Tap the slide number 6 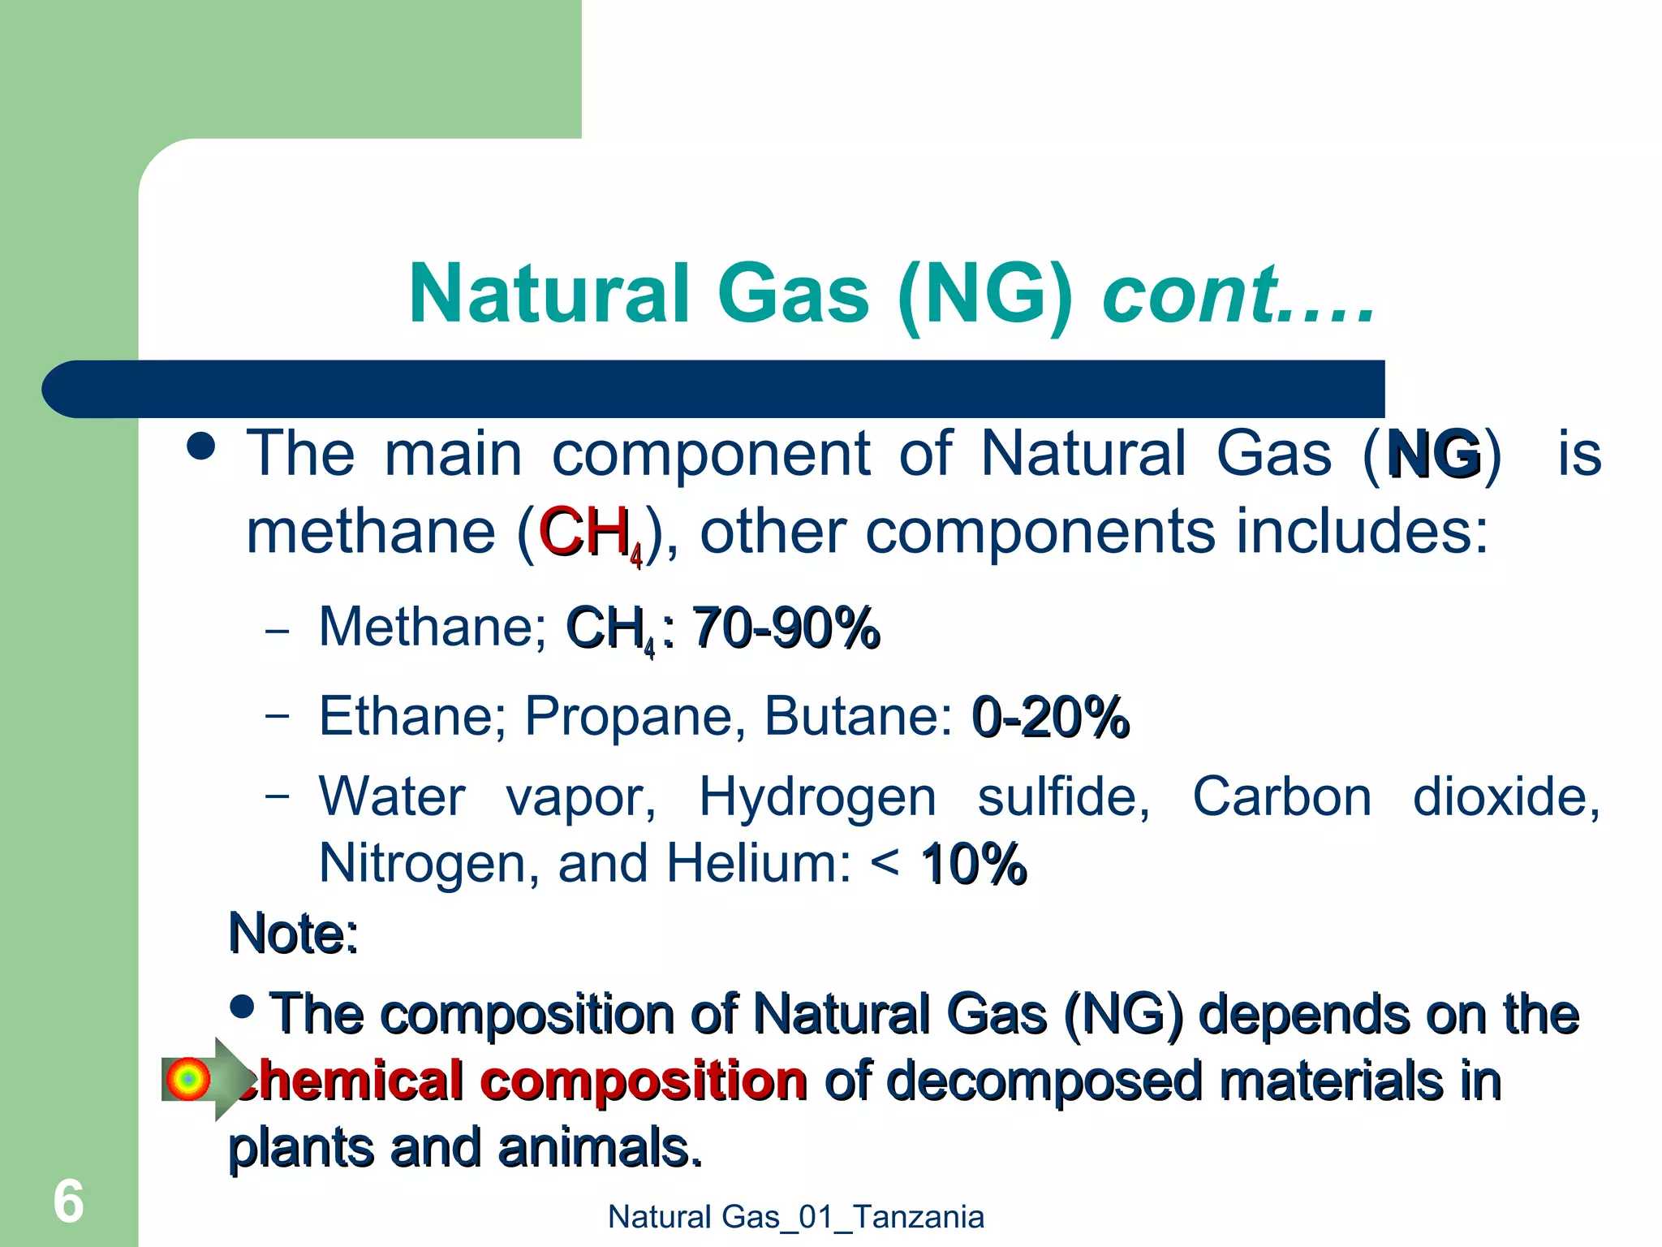point(68,1202)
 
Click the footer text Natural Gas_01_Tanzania point(795,1217)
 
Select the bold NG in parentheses point(1434,454)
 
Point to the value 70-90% point(786,628)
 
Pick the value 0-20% point(1050,717)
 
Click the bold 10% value point(973,863)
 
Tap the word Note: point(293,933)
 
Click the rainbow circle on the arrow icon point(187,1079)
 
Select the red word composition point(643,1081)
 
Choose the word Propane point(628,716)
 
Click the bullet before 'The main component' point(201,446)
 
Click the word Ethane point(411,716)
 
